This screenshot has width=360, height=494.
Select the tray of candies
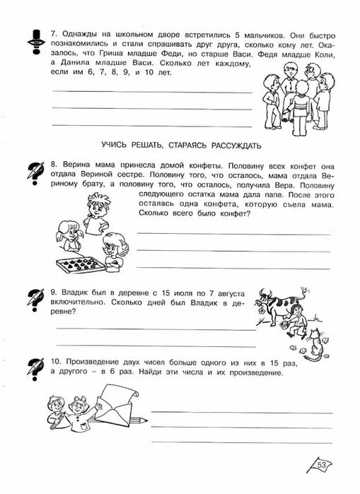pos(85,267)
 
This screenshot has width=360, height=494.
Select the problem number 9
pos(54,290)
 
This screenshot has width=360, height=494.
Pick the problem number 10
pos(56,363)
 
